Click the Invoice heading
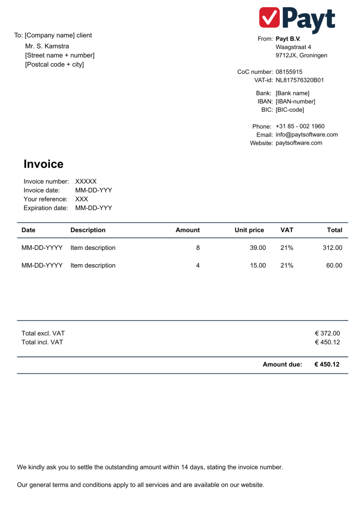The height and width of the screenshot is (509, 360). pyautogui.click(x=43, y=164)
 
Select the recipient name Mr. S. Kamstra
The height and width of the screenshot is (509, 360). pyautogui.click(x=47, y=46)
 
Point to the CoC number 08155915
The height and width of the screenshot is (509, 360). pyautogui.click(x=289, y=72)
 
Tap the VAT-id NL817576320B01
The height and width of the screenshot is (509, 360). pyautogui.click(x=300, y=80)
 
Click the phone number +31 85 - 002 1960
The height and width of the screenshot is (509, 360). pyautogui.click(x=300, y=126)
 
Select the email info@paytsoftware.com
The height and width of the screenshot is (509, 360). pyautogui.click(x=306, y=135)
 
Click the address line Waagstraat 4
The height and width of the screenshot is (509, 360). pyautogui.click(x=293, y=47)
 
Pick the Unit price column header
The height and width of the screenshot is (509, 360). pyautogui.click(x=249, y=230)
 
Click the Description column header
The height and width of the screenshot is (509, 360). pyautogui.click(x=88, y=230)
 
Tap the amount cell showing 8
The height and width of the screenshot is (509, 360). pyautogui.click(x=198, y=248)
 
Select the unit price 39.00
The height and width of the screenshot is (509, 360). pyautogui.click(x=258, y=248)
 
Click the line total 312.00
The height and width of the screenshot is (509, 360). pyautogui.click(x=333, y=248)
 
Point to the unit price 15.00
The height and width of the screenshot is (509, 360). pyautogui.click(x=258, y=265)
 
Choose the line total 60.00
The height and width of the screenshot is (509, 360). pyautogui.click(x=334, y=265)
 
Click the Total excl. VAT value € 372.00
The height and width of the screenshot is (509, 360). pyautogui.click(x=327, y=333)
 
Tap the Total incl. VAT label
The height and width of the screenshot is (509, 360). pyautogui.click(x=42, y=342)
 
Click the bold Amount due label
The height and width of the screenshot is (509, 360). pyautogui.click(x=282, y=365)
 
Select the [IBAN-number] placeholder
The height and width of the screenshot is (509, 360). pyautogui.click(x=295, y=101)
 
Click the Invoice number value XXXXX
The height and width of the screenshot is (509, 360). pyautogui.click(x=86, y=181)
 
